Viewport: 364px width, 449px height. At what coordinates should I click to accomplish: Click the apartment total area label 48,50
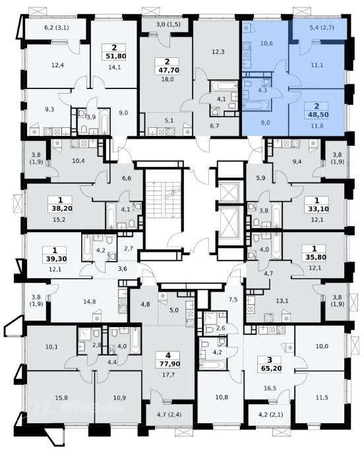(317, 115)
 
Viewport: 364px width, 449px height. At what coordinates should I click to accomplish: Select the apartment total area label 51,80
(115, 56)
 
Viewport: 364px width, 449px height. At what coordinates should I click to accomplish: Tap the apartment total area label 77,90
(168, 364)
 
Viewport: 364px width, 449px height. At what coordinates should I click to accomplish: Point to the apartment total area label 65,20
(272, 369)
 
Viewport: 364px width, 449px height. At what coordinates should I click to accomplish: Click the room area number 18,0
(168, 79)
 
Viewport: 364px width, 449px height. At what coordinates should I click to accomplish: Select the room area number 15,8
(62, 398)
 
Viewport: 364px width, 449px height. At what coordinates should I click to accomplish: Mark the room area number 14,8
(90, 301)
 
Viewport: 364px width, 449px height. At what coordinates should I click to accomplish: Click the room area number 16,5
(270, 388)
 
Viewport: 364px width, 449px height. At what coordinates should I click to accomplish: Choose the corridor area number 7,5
(233, 299)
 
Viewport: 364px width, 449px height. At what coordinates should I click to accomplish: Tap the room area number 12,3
(218, 52)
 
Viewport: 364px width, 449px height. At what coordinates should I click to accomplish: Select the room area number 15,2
(60, 220)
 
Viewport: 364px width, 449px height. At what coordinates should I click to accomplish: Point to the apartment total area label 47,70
(168, 70)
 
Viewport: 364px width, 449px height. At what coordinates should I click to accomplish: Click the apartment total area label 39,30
(56, 259)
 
